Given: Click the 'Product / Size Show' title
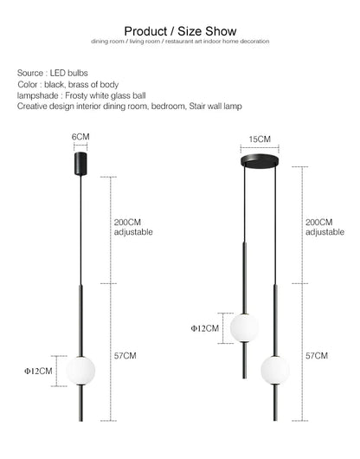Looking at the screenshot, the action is pos(180,31).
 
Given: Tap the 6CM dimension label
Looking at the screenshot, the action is pos(80,137).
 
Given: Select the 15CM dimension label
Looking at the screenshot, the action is pos(260,139).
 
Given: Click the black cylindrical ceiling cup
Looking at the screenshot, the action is pos(80,164).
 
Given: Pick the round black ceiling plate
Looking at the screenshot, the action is pos(260,161).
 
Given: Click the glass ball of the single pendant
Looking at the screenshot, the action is pos(80,371).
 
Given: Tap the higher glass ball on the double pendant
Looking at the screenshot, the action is pos(245,328).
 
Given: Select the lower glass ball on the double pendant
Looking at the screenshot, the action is pos(275,370).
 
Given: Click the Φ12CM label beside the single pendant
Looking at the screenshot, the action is pos(38,372).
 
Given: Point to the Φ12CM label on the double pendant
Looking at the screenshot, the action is pos(205,328).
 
